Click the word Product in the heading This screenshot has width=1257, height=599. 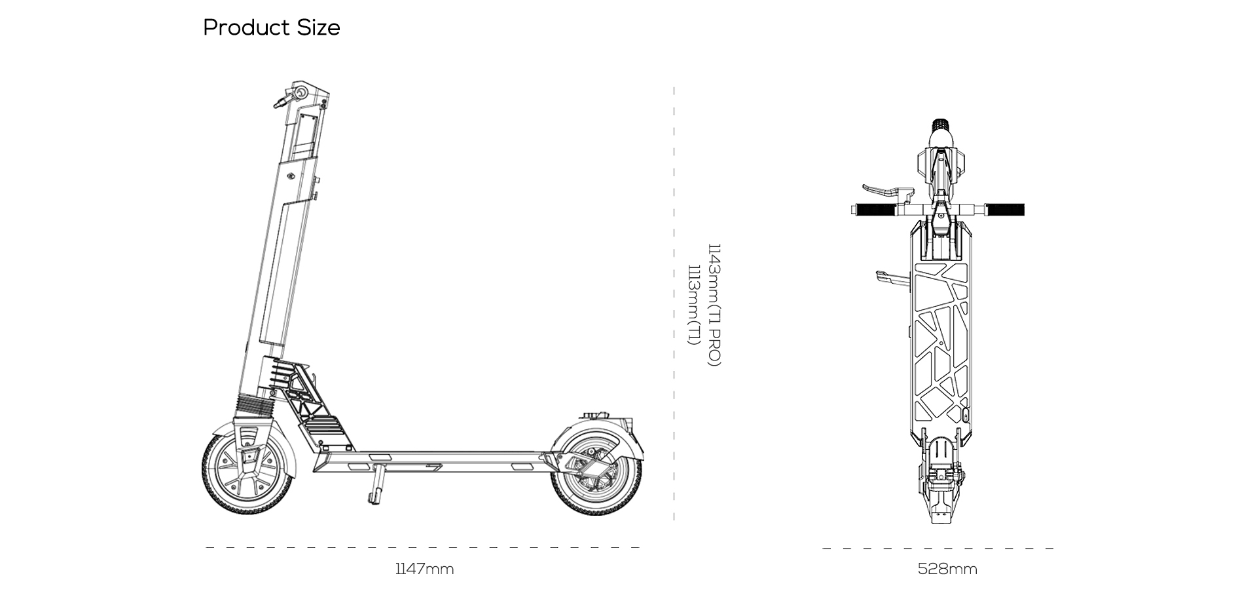pyautogui.click(x=246, y=28)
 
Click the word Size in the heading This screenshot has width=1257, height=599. pyautogui.click(x=319, y=28)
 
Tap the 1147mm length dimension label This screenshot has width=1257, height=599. pyautogui.click(x=424, y=569)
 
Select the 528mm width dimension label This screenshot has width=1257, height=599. pyautogui.click(x=947, y=569)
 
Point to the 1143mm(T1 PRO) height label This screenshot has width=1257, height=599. pyautogui.click(x=714, y=305)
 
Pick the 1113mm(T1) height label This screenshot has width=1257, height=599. pyautogui.click(x=693, y=305)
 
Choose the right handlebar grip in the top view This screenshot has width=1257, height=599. pyautogui.click(x=1006, y=210)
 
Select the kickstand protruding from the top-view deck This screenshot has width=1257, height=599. pyautogui.click(x=892, y=279)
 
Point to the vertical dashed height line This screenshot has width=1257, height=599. pyautogui.click(x=674, y=303)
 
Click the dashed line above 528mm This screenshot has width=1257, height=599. pyautogui.click(x=938, y=549)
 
